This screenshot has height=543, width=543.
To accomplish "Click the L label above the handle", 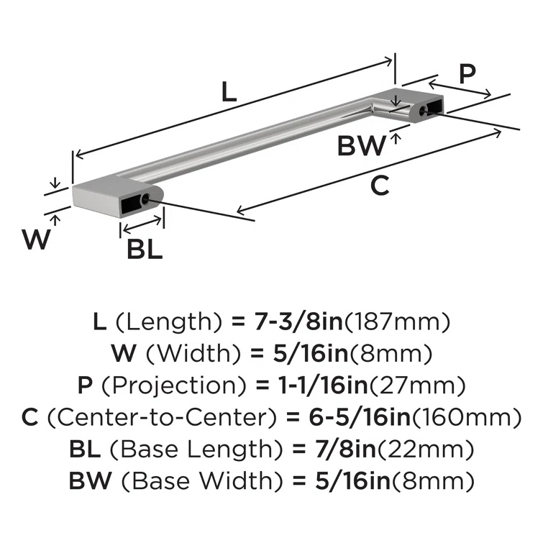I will [227, 91].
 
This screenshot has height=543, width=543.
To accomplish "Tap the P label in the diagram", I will [467, 74].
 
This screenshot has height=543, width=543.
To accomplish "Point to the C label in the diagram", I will [380, 186].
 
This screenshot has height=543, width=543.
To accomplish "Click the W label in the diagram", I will [36, 239].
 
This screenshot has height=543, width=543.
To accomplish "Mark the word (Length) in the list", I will [165, 321].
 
